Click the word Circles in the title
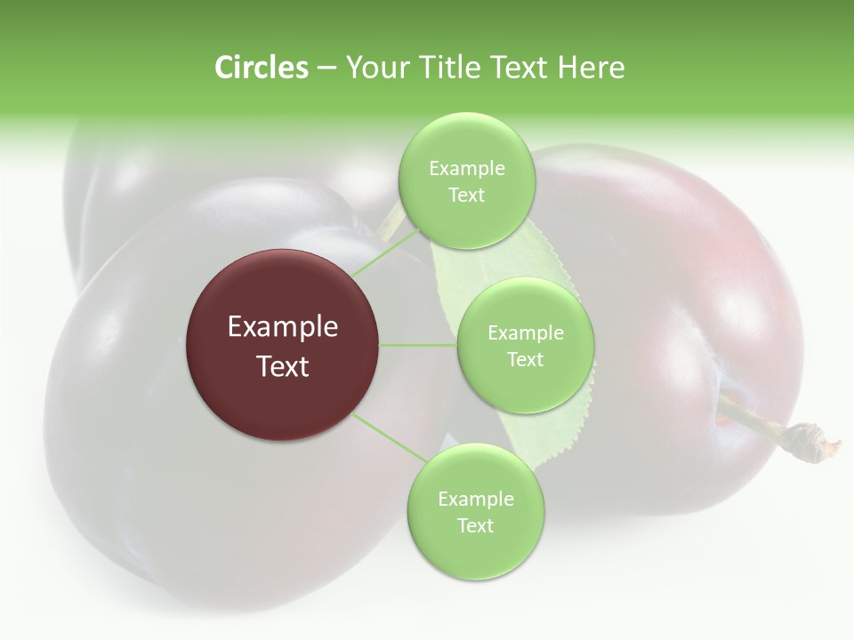[x=261, y=68]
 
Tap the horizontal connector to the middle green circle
[x=418, y=345]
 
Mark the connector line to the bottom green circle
[x=390, y=437]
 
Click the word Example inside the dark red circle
[x=283, y=327]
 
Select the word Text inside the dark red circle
[x=283, y=366]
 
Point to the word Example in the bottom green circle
[x=475, y=500]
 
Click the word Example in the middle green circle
[x=525, y=333]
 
